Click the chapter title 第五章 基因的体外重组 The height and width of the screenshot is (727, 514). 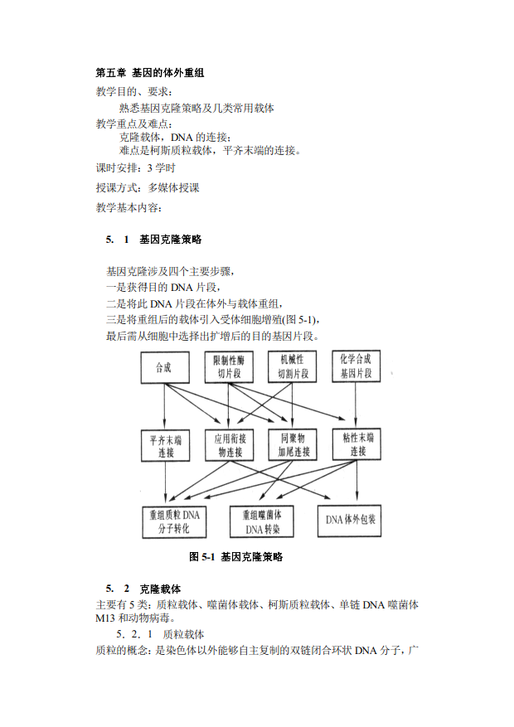(x=150, y=73)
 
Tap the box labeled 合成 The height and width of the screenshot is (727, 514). (x=165, y=367)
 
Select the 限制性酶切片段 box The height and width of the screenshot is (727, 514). (x=229, y=366)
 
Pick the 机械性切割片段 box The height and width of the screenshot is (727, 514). (x=293, y=366)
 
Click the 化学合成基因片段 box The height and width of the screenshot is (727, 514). (x=356, y=366)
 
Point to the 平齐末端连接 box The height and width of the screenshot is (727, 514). (x=166, y=445)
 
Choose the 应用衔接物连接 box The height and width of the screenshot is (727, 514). (x=230, y=445)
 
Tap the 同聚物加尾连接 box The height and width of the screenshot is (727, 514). (x=293, y=444)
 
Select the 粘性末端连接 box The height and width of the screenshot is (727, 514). (x=356, y=444)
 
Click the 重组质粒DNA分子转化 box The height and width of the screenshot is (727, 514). (x=174, y=522)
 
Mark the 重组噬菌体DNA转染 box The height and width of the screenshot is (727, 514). (x=262, y=521)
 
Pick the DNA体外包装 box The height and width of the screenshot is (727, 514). (x=350, y=521)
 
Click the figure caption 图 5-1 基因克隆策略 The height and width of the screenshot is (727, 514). (x=236, y=557)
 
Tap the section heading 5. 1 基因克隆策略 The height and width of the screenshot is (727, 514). (x=154, y=240)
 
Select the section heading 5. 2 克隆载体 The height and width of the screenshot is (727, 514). (x=143, y=589)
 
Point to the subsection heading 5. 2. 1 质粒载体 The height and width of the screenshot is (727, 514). (x=160, y=634)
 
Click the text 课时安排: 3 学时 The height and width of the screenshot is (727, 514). (x=136, y=167)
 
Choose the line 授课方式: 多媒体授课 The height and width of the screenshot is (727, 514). (x=148, y=188)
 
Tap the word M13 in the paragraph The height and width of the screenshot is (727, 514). (x=105, y=618)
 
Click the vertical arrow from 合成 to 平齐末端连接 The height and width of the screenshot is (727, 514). (x=164, y=407)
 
